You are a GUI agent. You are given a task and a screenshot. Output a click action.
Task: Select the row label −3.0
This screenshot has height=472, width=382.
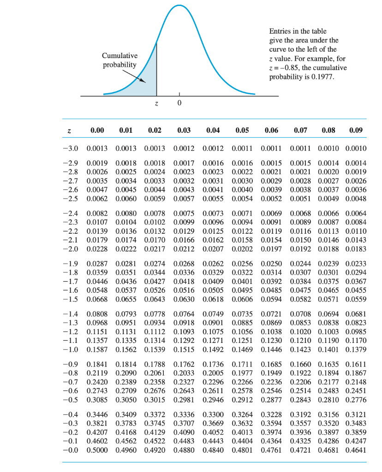tap(70, 148)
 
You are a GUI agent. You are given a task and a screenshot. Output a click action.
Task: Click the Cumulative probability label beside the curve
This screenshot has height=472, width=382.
tap(119, 60)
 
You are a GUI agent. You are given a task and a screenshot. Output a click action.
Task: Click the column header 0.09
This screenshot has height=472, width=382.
tap(356, 130)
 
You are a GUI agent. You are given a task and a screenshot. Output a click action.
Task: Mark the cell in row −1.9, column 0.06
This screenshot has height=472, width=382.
tap(270, 264)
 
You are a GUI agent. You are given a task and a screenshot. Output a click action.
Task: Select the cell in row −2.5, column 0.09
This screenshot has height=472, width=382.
tap(356, 199)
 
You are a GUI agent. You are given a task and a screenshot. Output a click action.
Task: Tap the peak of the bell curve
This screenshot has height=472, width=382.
tap(179, 5)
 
